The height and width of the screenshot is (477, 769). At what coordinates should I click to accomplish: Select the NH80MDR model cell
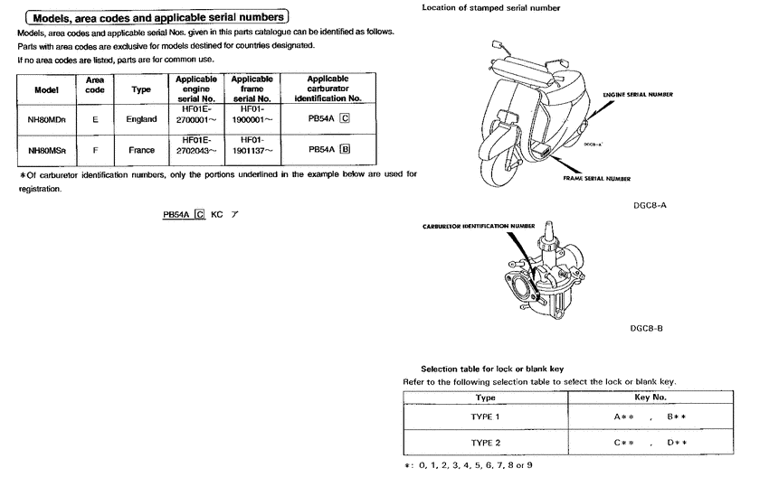[x=45, y=119]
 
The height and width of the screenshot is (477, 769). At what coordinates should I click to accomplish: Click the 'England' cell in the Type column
[x=141, y=119]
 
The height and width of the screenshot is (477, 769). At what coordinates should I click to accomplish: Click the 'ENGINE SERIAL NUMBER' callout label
[x=637, y=94]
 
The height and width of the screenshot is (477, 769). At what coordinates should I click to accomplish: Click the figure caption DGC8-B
[x=647, y=328]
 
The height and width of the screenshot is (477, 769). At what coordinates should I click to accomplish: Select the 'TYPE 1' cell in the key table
[x=485, y=417]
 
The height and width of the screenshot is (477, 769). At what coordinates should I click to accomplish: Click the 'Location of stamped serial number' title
[x=491, y=8]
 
